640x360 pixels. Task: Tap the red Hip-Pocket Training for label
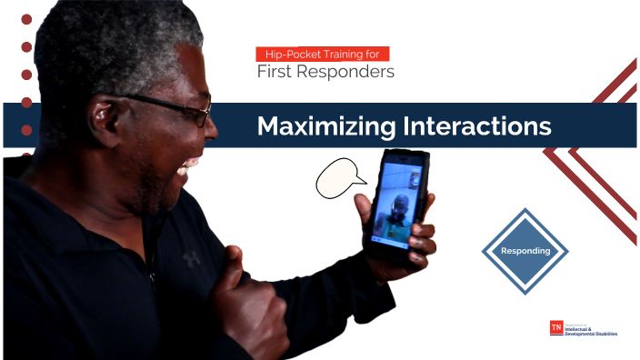tap(324, 55)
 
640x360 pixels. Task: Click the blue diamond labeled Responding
tap(525, 251)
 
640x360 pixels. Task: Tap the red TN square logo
tap(557, 328)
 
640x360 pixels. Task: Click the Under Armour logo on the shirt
tap(191, 257)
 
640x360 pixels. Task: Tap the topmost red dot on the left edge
tap(26, 19)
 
